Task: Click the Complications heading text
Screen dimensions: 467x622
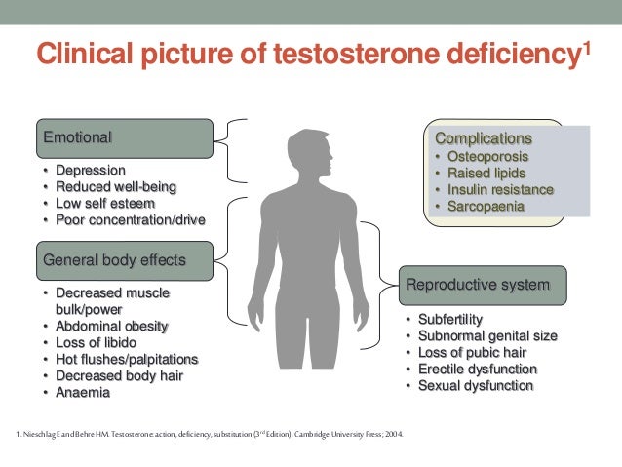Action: (484, 138)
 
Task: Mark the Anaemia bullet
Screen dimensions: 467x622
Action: (84, 392)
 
